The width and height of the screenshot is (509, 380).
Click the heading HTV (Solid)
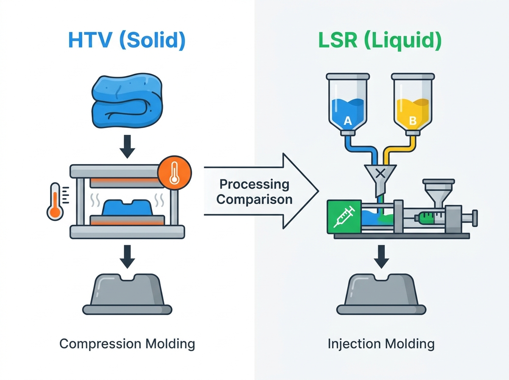[127, 40]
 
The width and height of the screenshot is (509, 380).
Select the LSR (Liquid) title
[380, 40]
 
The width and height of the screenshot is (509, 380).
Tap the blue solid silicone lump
[127, 101]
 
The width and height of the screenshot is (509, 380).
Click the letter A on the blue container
[347, 120]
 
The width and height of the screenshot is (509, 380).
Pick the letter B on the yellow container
[413, 120]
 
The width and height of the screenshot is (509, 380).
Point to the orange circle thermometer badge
[174, 173]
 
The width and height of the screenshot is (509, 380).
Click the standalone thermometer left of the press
[56, 201]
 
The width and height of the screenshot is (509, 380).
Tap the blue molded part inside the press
[127, 207]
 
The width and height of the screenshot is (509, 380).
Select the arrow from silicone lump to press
[127, 146]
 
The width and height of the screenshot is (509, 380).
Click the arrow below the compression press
[127, 257]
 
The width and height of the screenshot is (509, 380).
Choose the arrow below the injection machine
[381, 257]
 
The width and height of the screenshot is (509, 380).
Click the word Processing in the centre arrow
[255, 184]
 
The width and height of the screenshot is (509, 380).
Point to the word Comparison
[255, 199]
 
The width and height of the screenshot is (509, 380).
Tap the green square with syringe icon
[344, 217]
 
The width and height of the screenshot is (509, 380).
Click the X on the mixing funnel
[380, 173]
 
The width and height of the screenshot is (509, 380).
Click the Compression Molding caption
[127, 344]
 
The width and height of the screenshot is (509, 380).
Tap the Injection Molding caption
[381, 344]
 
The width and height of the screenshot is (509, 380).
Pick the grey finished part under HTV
[127, 294]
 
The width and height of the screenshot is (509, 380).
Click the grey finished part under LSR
[381, 294]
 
